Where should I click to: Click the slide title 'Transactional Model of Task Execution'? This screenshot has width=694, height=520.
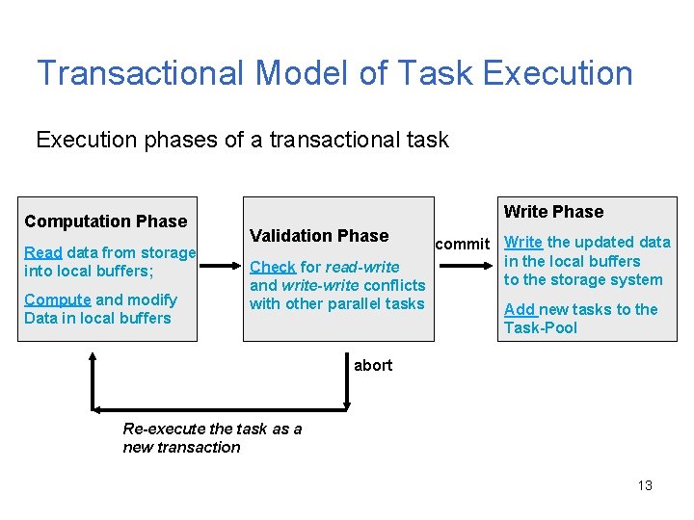click(334, 73)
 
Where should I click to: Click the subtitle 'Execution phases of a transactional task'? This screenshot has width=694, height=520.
click(242, 140)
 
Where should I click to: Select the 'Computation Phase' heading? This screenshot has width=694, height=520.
click(105, 221)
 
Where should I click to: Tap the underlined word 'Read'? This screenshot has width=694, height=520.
click(42, 252)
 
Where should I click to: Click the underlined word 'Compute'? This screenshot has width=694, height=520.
click(57, 299)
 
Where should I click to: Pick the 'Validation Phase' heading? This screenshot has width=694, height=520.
click(319, 236)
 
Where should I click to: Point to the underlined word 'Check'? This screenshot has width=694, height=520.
click(272, 267)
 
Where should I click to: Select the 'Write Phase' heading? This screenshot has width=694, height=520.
click(553, 212)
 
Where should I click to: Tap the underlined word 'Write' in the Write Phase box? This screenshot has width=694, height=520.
click(523, 243)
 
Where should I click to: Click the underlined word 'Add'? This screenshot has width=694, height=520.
click(520, 309)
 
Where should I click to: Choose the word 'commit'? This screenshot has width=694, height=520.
click(462, 244)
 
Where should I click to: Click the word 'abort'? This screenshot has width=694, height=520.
click(373, 365)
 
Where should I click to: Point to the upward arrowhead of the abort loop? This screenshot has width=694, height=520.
click(93, 358)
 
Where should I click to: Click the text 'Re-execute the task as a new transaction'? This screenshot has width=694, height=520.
click(211, 437)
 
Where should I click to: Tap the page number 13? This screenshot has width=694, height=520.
click(645, 485)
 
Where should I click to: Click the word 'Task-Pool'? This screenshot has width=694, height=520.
click(541, 327)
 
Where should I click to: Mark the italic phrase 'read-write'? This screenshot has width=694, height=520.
click(362, 267)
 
